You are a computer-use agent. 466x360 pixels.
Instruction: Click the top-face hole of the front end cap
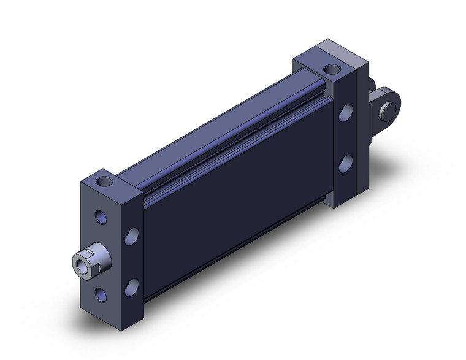109,181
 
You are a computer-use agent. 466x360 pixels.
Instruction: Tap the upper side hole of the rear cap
346,113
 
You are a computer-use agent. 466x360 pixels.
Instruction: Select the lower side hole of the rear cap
346,163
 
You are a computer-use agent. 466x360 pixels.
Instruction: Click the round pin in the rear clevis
388,112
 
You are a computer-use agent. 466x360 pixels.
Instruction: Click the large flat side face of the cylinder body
239,190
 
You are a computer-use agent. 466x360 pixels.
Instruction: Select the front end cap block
110,245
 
